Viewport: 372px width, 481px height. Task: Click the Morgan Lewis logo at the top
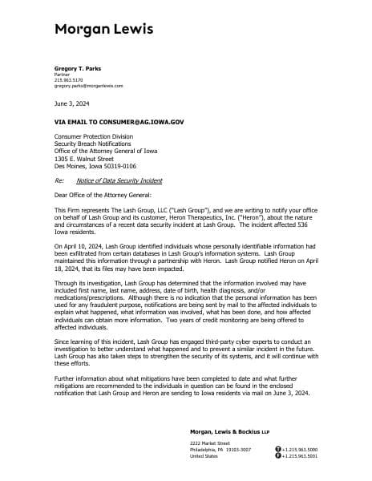pos(103,30)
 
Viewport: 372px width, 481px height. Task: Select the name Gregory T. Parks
pos(77,69)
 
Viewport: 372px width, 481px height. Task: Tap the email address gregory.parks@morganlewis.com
pos(88,85)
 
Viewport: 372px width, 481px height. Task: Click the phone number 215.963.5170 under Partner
pos(68,80)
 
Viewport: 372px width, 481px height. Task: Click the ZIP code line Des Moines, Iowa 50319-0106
pos(95,166)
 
